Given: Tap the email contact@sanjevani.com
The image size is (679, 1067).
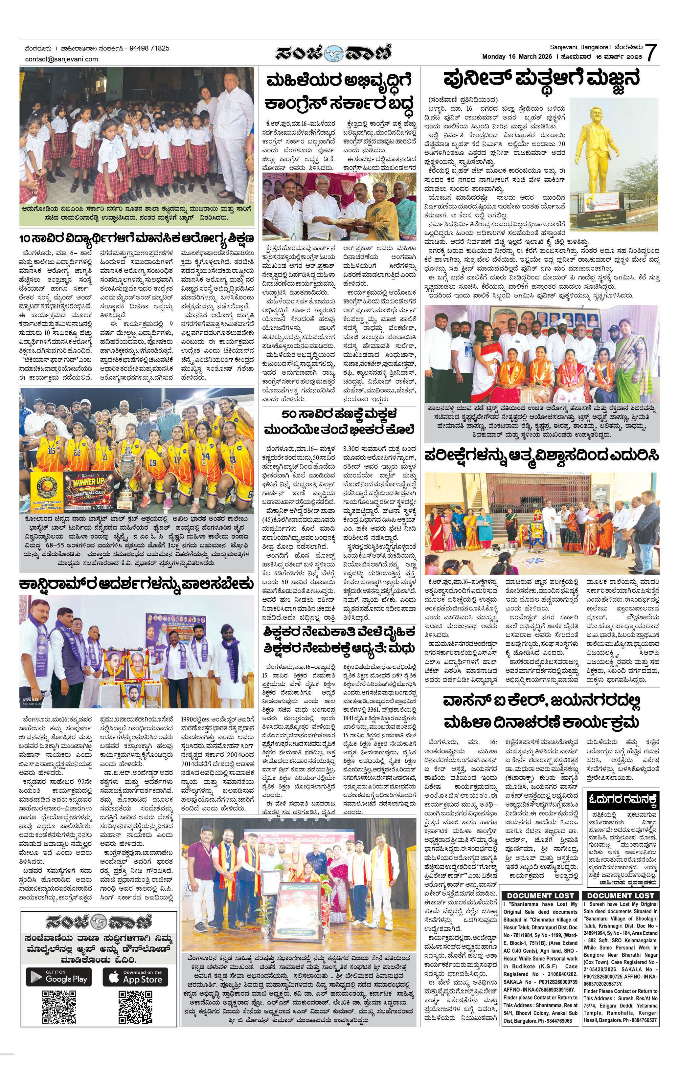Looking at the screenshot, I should pyautogui.click(x=62, y=59).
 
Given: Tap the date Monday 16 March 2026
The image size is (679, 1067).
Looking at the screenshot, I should pyautogui.click(x=517, y=57).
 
